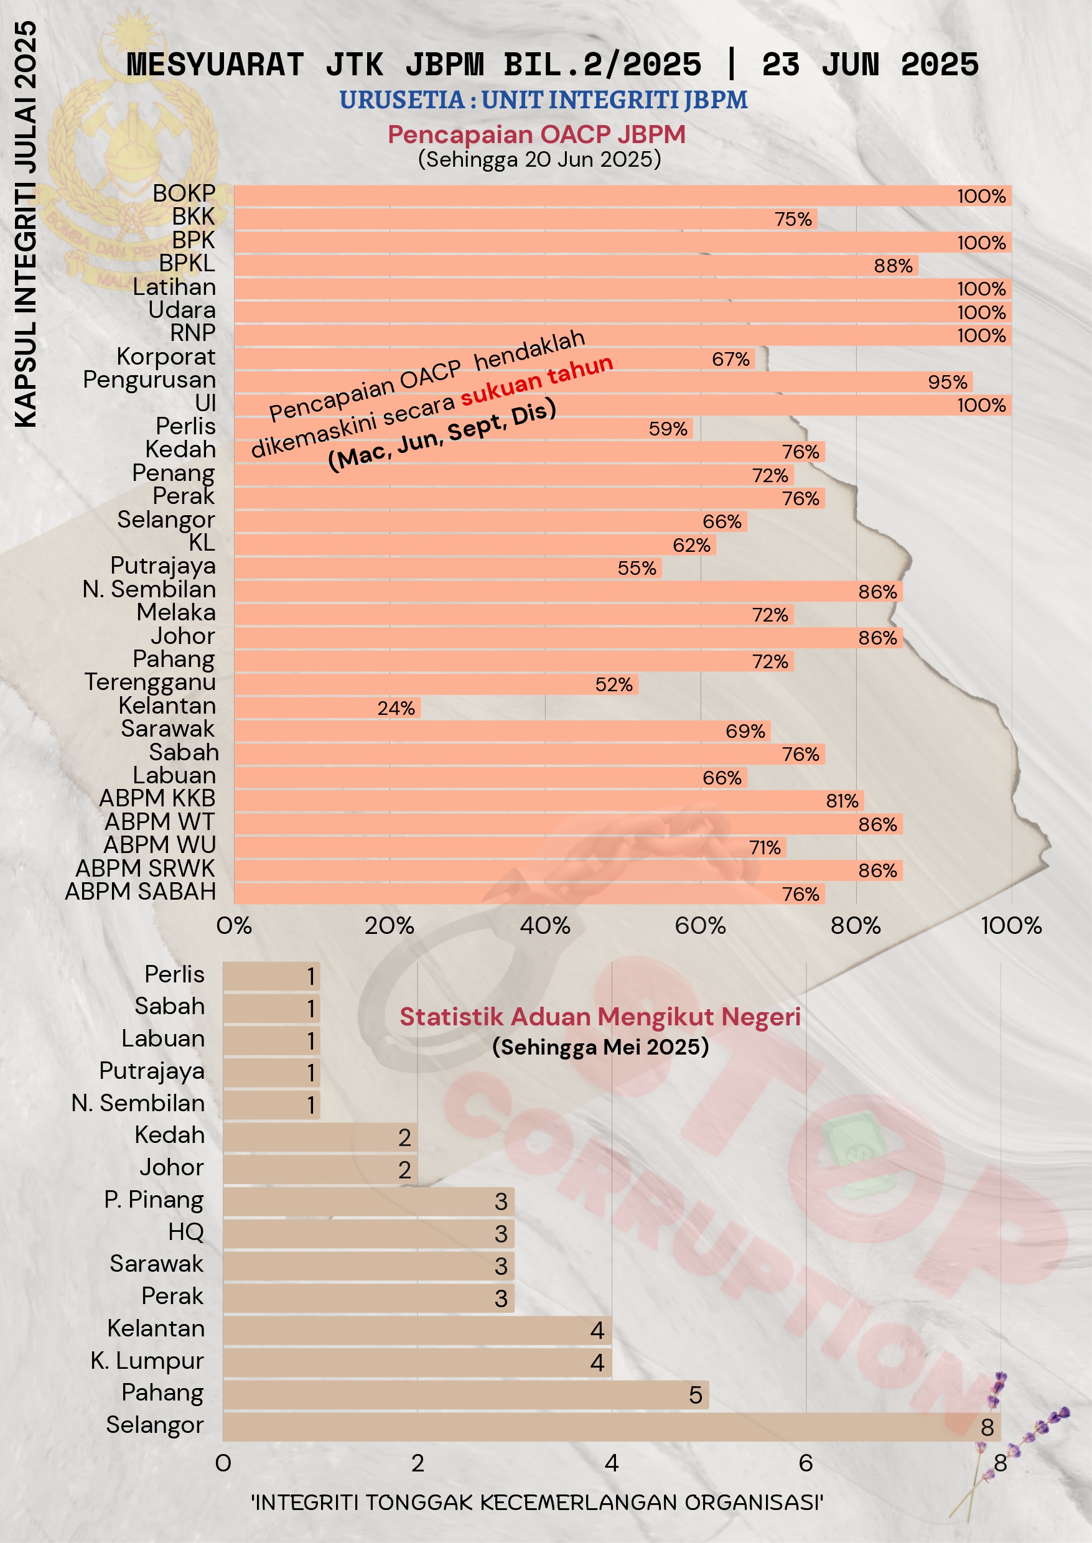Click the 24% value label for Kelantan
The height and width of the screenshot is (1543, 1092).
pos(396,708)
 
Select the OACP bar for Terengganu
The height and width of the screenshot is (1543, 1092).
pos(436,684)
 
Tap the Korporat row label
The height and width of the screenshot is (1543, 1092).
pos(166,357)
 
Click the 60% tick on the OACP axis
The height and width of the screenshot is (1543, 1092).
pos(700,926)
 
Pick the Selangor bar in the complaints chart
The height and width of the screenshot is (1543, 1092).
pos(610,1427)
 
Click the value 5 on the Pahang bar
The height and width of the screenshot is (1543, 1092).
pos(695,1395)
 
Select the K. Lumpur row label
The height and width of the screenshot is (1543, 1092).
pos(147,1361)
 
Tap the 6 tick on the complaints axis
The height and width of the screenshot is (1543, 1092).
pos(806,1463)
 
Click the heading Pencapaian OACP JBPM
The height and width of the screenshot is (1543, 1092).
pos(536,134)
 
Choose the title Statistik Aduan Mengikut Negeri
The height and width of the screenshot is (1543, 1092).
pos(600,1017)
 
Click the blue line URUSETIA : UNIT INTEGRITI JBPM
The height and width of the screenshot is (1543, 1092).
pos(543,100)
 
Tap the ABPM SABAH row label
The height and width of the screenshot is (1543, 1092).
pos(141,892)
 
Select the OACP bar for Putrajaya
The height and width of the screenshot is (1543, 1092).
pos(447,568)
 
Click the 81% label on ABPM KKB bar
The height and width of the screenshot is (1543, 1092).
pos(842,801)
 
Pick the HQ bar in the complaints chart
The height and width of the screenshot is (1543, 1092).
pos(368,1233)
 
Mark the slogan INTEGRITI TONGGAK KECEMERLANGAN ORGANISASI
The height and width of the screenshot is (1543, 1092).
pos(536,1502)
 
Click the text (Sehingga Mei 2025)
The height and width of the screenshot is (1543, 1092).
pos(600,1047)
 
